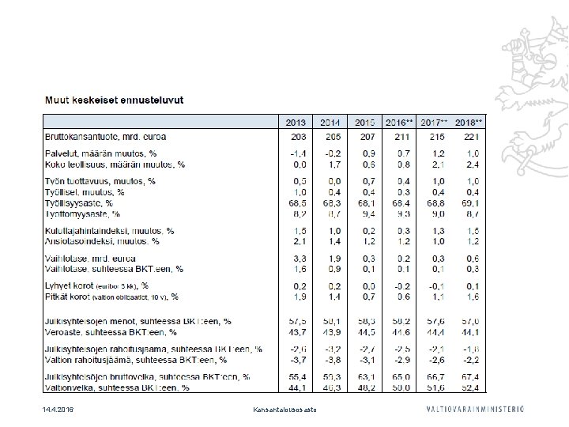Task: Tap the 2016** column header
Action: pos(399,123)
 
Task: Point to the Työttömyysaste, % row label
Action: pos(83,213)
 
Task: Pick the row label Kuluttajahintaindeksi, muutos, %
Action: pos(109,231)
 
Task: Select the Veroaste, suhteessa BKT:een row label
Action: pos(111,331)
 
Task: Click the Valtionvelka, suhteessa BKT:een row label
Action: pos(117,387)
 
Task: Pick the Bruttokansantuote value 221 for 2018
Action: pos(471,137)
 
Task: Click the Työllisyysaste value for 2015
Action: pos(365,203)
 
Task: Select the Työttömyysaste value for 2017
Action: pos(436,213)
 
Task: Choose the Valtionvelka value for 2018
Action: pos(471,387)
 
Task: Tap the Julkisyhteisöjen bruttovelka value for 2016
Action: pos(402,378)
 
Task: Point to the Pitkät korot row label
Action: pos(111,297)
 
